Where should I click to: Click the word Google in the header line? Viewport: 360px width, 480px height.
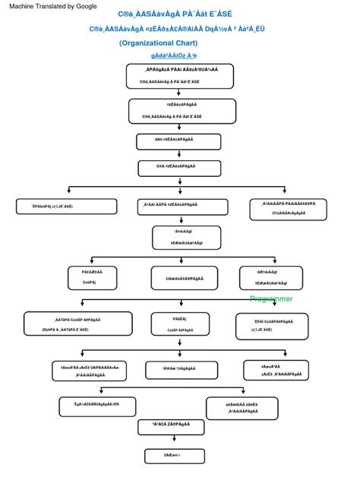pos(84,6)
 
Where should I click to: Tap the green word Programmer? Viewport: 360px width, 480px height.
pos(271,299)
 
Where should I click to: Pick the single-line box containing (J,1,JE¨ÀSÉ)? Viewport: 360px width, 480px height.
pos(53,205)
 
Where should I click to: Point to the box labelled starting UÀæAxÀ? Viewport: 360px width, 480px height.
pos(179,279)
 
